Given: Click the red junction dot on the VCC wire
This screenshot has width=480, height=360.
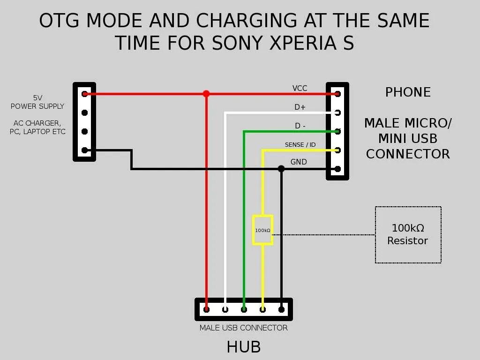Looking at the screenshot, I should tap(206, 94).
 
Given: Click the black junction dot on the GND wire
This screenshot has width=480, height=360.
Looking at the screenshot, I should tap(281, 169).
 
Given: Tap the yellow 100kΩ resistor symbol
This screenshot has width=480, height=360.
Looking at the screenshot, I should tap(262, 230).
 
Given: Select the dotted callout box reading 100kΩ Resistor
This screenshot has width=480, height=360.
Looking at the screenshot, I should tap(408, 234).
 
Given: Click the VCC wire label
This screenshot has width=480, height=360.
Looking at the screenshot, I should tap(300, 88).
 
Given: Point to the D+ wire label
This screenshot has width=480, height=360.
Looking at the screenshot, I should tap(300, 107).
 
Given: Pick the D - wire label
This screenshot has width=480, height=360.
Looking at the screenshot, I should tap(300, 126).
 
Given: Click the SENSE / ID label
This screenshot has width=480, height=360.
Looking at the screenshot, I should tap(300, 145).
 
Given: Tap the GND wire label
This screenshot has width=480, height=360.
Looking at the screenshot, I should tap(299, 162).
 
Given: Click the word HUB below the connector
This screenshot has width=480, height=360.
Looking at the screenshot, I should tap(243, 347).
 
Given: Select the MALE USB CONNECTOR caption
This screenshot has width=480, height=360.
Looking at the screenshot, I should tap(243, 328).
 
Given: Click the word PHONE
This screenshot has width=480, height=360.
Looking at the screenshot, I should tap(408, 92).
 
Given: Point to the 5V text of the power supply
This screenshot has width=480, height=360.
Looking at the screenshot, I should tap(37, 98).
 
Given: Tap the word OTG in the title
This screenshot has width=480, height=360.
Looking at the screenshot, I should tap(60, 21).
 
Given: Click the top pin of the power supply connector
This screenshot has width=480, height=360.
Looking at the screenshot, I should tap(84, 94).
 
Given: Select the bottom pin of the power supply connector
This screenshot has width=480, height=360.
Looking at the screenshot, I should tap(84, 150).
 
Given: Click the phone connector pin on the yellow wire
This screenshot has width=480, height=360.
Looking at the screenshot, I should tap(337, 150).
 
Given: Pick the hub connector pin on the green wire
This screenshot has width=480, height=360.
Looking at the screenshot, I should tap(244, 309).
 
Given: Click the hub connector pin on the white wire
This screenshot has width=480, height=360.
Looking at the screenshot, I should tap(225, 309).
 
